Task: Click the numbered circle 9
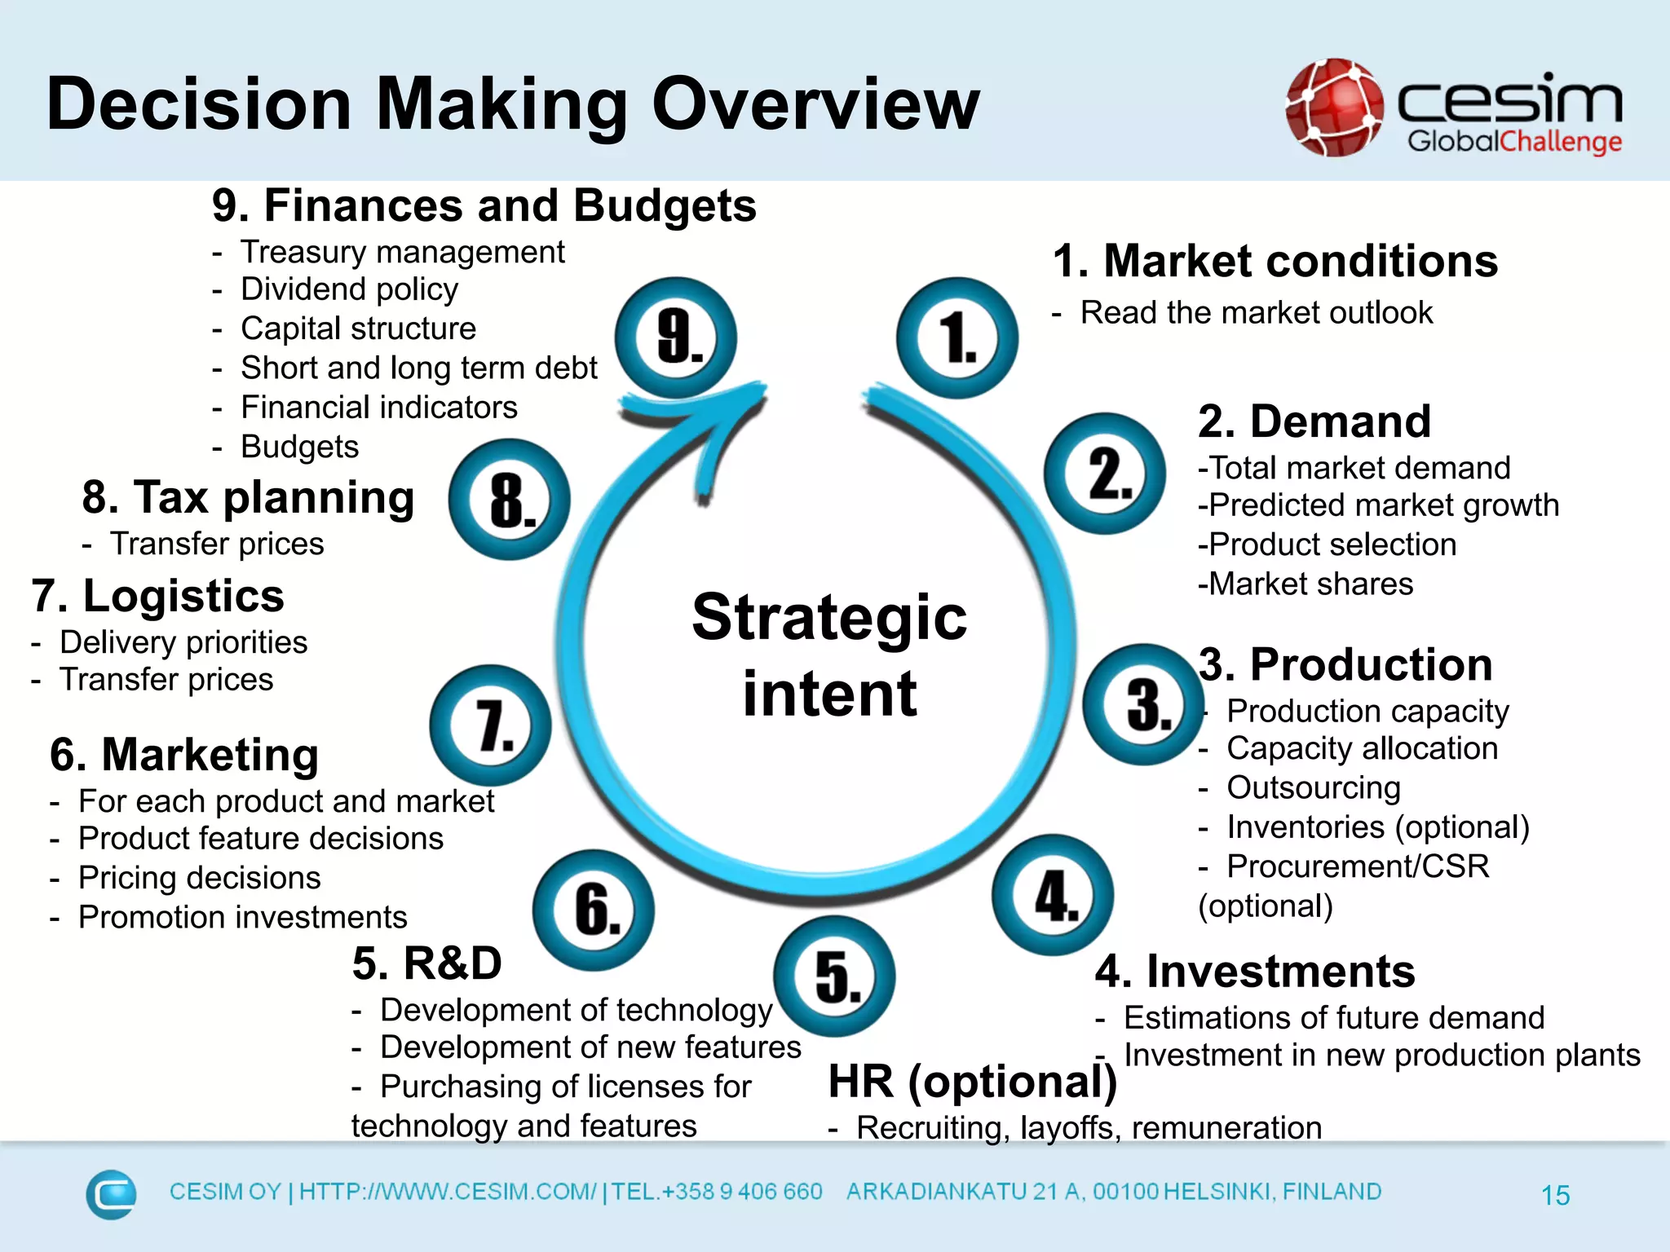(x=676, y=337)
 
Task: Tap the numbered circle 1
(x=957, y=337)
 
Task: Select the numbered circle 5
(x=834, y=976)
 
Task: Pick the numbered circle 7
(x=491, y=725)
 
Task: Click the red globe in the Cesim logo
(x=1335, y=108)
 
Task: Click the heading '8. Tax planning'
(x=248, y=497)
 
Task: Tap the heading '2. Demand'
(x=1314, y=421)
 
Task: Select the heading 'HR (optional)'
(x=972, y=1082)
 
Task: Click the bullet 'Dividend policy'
(x=349, y=289)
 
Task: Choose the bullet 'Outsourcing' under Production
(x=1314, y=787)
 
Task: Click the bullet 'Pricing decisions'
(x=199, y=878)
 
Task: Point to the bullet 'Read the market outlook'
(x=1256, y=313)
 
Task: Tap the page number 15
(x=1555, y=1195)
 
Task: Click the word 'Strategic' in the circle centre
(x=829, y=617)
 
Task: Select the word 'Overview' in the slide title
(x=815, y=104)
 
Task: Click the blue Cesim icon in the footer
(x=111, y=1194)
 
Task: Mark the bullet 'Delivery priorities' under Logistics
(x=183, y=642)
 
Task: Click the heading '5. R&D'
(x=426, y=963)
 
